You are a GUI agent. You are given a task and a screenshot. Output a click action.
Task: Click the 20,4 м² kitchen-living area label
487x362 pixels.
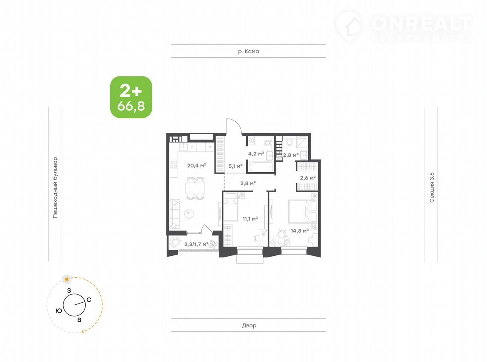point(197,165)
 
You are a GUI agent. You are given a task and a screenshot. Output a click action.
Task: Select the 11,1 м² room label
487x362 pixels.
point(250,219)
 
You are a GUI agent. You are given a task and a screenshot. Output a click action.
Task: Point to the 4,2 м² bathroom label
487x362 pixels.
point(256,154)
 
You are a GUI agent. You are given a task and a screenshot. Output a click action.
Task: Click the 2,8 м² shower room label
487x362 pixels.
point(291,155)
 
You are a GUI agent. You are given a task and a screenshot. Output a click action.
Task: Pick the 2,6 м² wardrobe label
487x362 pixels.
point(308,178)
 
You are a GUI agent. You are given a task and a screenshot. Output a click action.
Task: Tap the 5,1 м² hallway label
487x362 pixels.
point(235,166)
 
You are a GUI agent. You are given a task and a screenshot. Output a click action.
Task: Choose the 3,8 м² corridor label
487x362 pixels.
point(248,183)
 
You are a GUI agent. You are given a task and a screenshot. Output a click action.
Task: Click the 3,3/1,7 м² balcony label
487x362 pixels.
point(196,244)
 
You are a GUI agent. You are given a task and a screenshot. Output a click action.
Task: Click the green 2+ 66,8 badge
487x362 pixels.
point(131,97)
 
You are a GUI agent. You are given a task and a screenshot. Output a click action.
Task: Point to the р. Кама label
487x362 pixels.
point(248,51)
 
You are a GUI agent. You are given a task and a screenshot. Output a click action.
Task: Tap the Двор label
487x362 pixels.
point(249,325)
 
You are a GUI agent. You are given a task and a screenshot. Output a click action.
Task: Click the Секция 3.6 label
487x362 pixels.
point(432,188)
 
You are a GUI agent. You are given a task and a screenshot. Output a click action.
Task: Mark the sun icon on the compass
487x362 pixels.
point(67,280)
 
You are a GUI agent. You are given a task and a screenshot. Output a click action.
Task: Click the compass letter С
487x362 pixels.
point(89,300)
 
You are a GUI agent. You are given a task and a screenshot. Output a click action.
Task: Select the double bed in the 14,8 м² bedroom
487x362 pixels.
point(303,211)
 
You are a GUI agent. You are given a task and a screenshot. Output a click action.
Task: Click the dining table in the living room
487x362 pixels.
point(195,188)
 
